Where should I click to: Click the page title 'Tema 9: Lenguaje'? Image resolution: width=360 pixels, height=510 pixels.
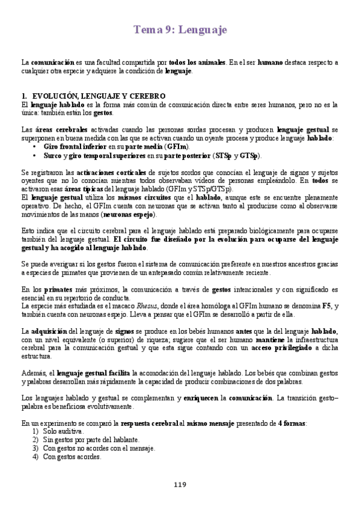[x=180, y=30]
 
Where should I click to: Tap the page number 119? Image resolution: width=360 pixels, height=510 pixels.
[x=180, y=485]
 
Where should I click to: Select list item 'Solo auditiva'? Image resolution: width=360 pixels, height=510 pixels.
[x=63, y=431]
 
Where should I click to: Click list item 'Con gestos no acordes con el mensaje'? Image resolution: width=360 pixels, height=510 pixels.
[x=99, y=448]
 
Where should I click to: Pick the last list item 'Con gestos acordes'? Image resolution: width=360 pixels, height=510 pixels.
[x=72, y=456]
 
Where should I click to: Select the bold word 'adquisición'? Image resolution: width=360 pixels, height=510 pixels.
[x=52, y=331]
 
